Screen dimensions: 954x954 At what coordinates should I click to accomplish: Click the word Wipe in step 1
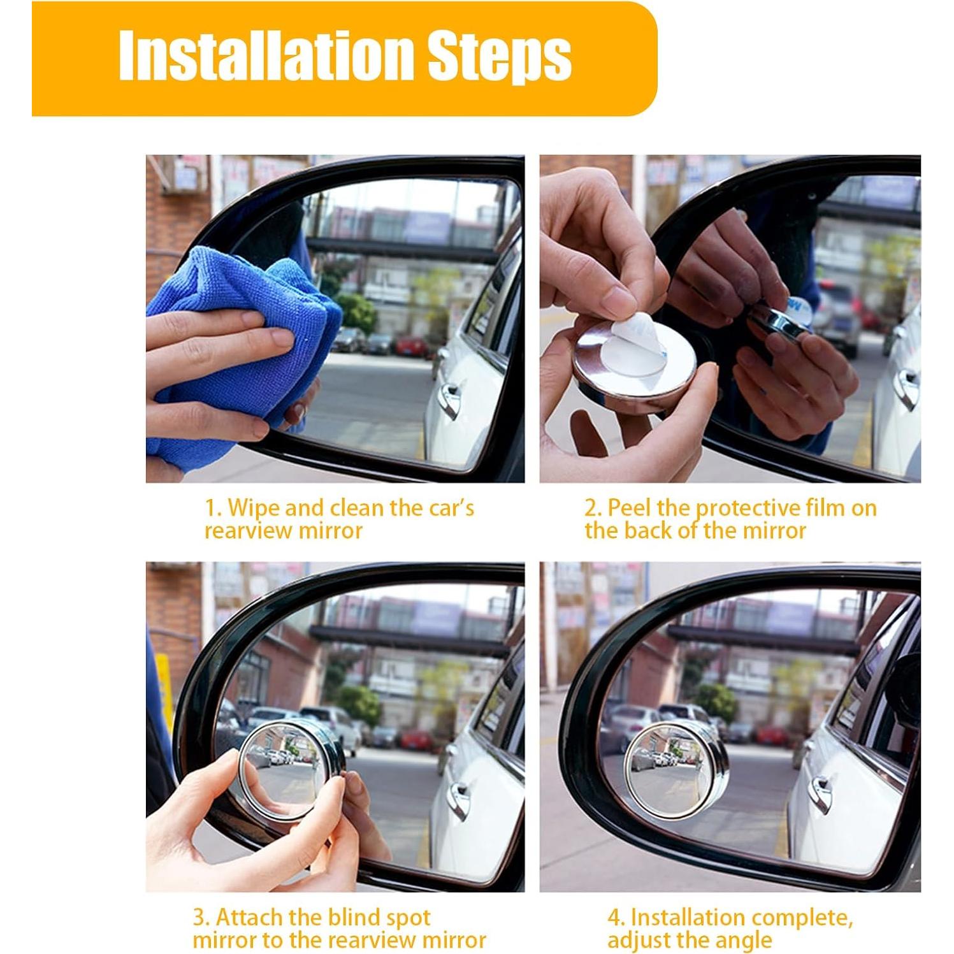click(254, 508)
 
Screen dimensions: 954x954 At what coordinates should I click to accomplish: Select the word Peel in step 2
click(629, 508)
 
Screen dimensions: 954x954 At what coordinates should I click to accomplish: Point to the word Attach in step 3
click(249, 918)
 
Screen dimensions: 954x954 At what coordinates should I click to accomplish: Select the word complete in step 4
click(802, 919)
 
